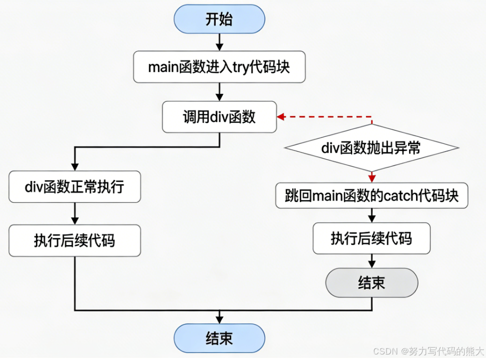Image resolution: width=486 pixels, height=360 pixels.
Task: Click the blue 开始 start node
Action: point(219,19)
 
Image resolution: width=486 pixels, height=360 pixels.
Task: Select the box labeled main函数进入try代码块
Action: point(219,67)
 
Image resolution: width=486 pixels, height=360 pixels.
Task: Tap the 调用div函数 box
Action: point(219,117)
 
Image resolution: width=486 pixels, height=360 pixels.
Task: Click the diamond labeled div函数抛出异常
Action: point(371,148)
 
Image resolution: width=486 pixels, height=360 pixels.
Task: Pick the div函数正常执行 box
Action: point(74,187)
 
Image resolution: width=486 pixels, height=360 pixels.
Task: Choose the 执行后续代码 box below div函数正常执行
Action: point(74,240)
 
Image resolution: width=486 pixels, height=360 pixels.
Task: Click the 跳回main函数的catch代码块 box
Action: point(372,195)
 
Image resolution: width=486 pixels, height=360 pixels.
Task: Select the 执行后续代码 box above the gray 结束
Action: point(372,238)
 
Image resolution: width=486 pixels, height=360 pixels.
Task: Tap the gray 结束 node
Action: point(372,283)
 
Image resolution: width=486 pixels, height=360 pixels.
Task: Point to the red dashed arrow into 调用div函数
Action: point(325,117)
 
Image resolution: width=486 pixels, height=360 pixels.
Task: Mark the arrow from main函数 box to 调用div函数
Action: point(219,92)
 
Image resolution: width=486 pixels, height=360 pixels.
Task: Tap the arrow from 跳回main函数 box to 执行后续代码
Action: point(372,215)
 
